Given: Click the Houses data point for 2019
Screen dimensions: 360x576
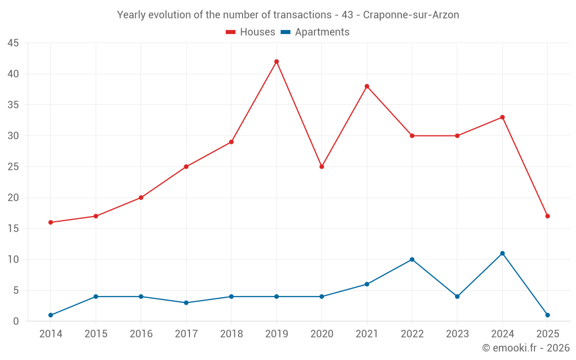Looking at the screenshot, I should pyautogui.click(x=276, y=62).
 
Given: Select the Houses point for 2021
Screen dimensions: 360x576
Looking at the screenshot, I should pyautogui.click(x=367, y=86).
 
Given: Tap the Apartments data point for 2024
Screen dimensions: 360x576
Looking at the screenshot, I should pyautogui.click(x=502, y=253).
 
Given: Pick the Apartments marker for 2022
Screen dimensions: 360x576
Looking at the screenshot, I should pyautogui.click(x=412, y=259).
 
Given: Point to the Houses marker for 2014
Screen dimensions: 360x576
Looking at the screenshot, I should pyautogui.click(x=51, y=222).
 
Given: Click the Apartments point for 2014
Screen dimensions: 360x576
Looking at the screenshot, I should pyautogui.click(x=51, y=315).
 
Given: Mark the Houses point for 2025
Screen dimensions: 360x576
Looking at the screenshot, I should pyautogui.click(x=548, y=216).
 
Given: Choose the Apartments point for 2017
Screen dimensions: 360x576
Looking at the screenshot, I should pyautogui.click(x=186, y=302).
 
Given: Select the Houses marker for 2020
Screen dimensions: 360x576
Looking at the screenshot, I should pyautogui.click(x=321, y=166).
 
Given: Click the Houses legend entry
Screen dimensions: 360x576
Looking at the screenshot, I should pyautogui.click(x=251, y=32).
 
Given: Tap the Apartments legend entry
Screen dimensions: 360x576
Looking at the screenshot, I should pyautogui.click(x=315, y=32).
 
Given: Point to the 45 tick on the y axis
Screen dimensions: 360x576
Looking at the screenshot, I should pyautogui.click(x=13, y=43).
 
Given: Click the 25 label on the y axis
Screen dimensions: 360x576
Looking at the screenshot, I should pyautogui.click(x=13, y=167).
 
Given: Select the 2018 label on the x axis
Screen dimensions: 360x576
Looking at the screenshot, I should pyautogui.click(x=231, y=334).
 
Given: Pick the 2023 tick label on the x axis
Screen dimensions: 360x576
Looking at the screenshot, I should pyautogui.click(x=457, y=334).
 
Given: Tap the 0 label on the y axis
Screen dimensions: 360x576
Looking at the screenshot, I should pyautogui.click(x=16, y=321).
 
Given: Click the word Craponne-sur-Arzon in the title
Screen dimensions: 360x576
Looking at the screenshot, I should pyautogui.click(x=411, y=15).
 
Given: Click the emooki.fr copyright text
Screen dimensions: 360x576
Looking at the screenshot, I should pyautogui.click(x=526, y=348).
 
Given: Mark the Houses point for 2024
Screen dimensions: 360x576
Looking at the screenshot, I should pyautogui.click(x=502, y=118).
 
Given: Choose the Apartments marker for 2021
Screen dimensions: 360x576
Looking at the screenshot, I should pyautogui.click(x=367, y=284).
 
